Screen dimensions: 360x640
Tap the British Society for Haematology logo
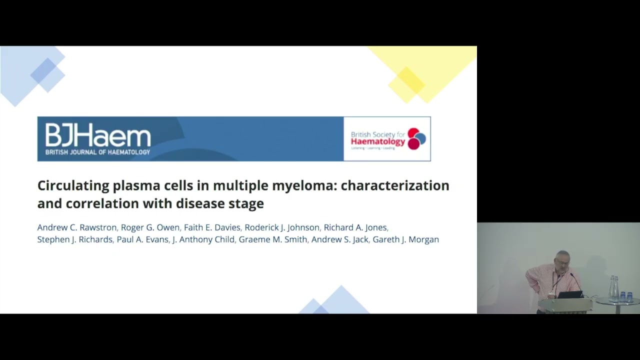coord(387,139)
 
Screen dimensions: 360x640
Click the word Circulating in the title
coord(73,185)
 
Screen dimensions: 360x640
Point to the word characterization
coord(395,185)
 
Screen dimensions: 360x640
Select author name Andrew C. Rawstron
coord(76,227)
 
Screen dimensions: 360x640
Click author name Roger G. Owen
coord(150,227)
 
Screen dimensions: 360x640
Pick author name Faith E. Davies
coord(212,227)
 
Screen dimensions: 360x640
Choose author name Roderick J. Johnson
coord(281,227)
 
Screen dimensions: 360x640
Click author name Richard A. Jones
coord(355,227)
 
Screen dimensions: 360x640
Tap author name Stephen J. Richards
coord(74,239)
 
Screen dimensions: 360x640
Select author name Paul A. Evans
coord(142,239)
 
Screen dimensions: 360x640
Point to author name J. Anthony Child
coord(203,239)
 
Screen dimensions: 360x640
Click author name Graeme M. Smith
coord(272,239)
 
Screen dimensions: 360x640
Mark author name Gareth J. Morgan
coord(405,239)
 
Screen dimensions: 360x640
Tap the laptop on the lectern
coord(570,294)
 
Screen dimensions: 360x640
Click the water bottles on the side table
coord(613,288)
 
